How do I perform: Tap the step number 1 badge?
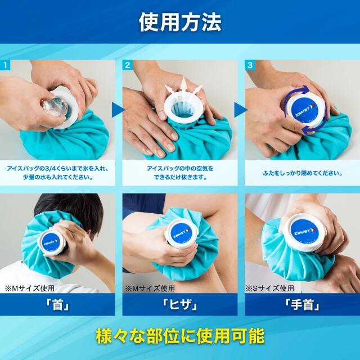(6, 65)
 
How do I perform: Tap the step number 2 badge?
(128, 65)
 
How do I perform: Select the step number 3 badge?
(249, 65)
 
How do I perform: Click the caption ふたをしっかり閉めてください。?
(301, 173)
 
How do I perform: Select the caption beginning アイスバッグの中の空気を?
(180, 168)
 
